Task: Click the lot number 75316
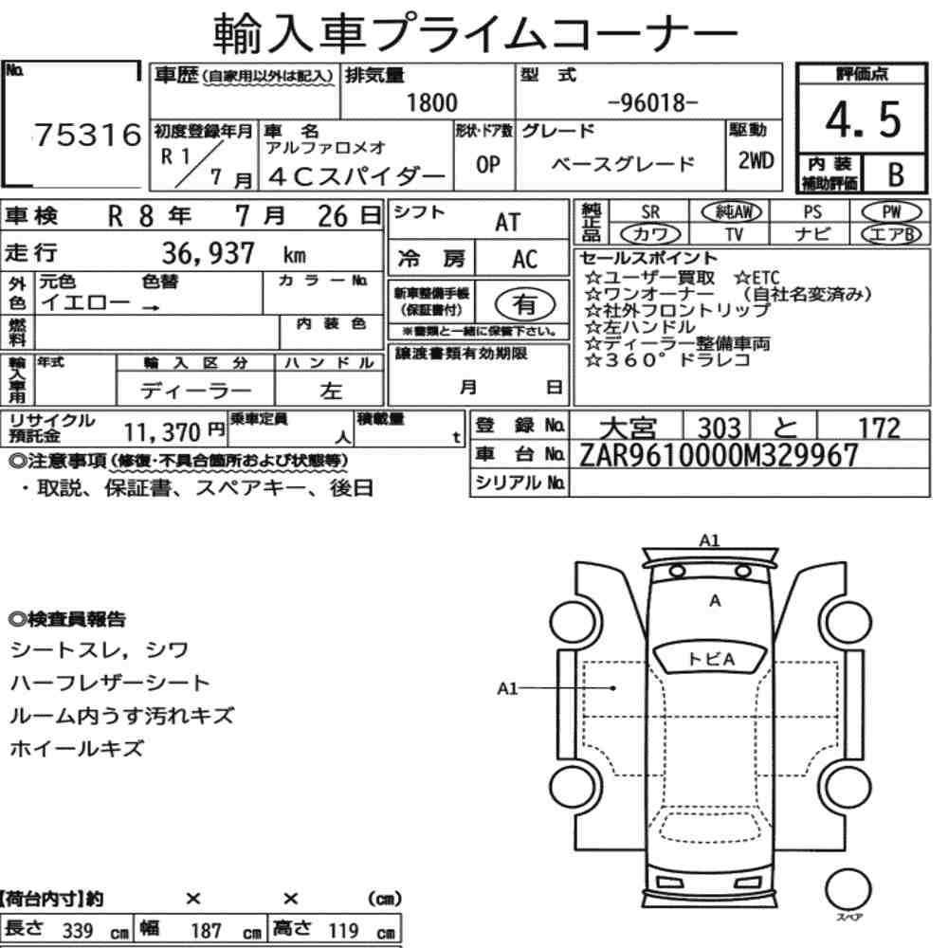coord(88,135)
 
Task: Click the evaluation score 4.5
coord(863,119)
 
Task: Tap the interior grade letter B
coord(896,174)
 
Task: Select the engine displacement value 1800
coord(431,102)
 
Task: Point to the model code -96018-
coord(652,102)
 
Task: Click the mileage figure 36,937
coord(208,253)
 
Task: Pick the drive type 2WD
coord(756,161)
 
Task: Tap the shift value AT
coord(507,223)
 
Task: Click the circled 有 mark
coord(525,304)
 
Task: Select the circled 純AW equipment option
coord(732,211)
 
